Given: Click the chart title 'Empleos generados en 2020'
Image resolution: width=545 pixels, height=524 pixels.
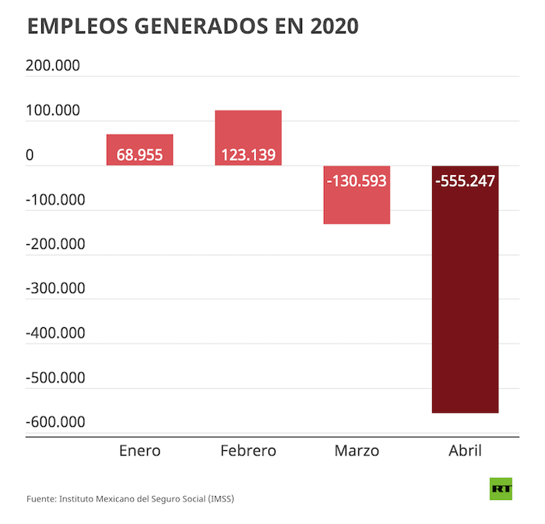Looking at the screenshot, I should point(193,26).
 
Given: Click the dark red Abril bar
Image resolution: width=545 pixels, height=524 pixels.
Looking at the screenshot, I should point(465,311).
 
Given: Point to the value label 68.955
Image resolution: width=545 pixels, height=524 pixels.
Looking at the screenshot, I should point(139,155).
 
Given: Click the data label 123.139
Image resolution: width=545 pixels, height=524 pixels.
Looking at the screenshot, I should point(248,155).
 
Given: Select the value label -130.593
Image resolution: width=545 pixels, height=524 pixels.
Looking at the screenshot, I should point(357,180).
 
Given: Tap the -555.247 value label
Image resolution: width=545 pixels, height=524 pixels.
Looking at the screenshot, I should point(465,180).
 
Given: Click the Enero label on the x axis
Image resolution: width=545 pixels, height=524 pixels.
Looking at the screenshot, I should point(139,451).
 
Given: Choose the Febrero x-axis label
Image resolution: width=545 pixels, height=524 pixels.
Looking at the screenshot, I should point(248,451).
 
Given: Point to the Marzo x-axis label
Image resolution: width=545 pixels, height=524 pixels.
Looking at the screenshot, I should point(357,451).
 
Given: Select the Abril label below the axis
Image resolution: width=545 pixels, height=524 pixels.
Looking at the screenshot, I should point(465,451).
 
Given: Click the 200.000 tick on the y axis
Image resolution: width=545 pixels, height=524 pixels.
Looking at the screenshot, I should point(53,66).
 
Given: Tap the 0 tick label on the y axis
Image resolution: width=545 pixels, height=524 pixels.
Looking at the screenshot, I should point(30,155).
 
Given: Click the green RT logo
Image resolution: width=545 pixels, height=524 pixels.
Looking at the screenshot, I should point(501,489).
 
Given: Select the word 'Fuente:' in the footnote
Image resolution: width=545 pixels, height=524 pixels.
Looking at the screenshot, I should point(40,498).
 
